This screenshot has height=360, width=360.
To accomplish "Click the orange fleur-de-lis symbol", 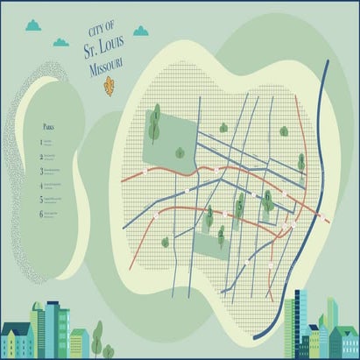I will coord(109,86).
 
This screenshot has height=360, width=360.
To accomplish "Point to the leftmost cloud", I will coord(33,26).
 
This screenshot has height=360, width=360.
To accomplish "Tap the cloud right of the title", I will coord(140,32).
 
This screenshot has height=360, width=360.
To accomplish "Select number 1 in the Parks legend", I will coord(40,141).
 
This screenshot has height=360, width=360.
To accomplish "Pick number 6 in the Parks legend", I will coord(40,213).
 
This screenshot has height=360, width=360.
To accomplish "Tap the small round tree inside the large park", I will coord(180,153).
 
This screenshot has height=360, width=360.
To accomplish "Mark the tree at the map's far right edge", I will coord(300,162).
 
